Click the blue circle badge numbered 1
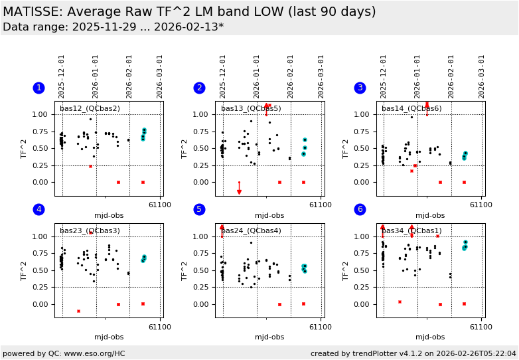coord(38,88)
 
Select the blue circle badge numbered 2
coord(199,88)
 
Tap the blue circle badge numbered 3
coord(360,88)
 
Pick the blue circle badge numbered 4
coord(38,209)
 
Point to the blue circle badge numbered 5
coord(199,209)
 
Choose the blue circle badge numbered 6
coord(360,209)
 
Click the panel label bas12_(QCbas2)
coord(90,108)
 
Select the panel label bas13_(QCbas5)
coord(251,108)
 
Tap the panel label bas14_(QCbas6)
coord(411,108)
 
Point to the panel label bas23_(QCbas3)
coord(90,230)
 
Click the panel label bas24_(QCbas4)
coord(251,230)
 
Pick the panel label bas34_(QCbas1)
coord(411,230)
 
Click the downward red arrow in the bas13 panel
coord(239,191)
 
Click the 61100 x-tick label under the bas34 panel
coord(482,326)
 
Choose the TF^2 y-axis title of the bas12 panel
coord(24,148)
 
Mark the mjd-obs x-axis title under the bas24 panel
coord(269,337)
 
